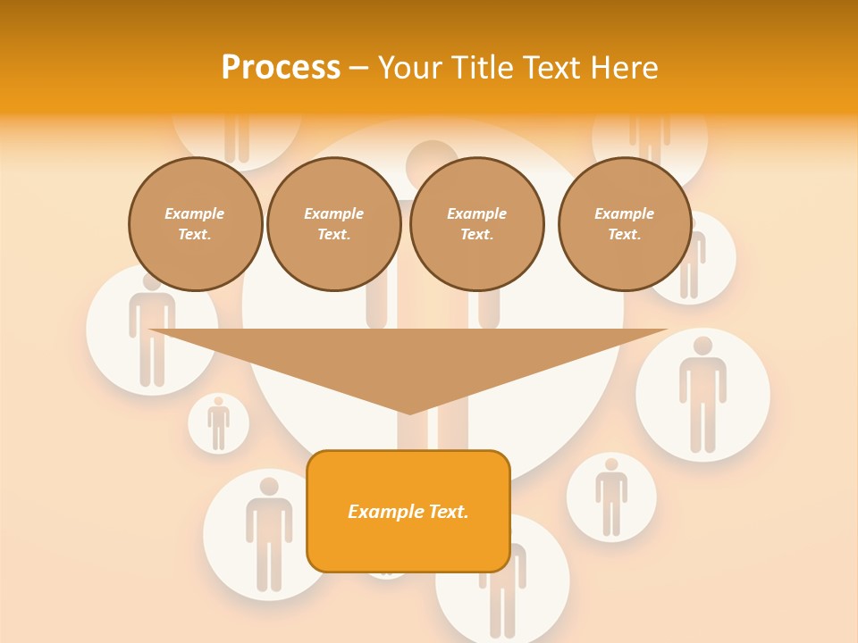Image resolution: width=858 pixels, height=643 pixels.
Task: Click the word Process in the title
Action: (x=281, y=68)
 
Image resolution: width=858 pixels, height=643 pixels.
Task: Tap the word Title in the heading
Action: (x=488, y=68)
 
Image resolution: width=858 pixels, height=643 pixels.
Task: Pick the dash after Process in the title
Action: (x=358, y=69)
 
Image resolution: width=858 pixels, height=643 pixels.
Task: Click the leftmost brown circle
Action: (x=196, y=224)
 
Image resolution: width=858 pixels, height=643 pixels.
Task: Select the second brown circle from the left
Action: (x=334, y=224)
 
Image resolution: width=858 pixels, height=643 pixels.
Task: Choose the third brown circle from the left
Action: (x=477, y=224)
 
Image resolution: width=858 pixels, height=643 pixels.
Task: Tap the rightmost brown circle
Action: (x=625, y=224)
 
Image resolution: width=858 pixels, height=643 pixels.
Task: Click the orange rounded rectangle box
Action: (x=408, y=512)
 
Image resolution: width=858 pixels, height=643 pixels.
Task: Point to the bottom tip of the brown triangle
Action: (x=409, y=412)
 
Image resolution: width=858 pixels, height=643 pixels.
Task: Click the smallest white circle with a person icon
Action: (x=218, y=422)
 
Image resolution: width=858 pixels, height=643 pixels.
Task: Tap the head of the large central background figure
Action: (x=433, y=163)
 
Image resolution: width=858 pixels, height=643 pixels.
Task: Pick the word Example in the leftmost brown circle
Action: (x=195, y=214)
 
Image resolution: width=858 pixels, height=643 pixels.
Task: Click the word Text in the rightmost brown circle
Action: (x=625, y=235)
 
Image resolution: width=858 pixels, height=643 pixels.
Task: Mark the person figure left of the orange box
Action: (x=268, y=534)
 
